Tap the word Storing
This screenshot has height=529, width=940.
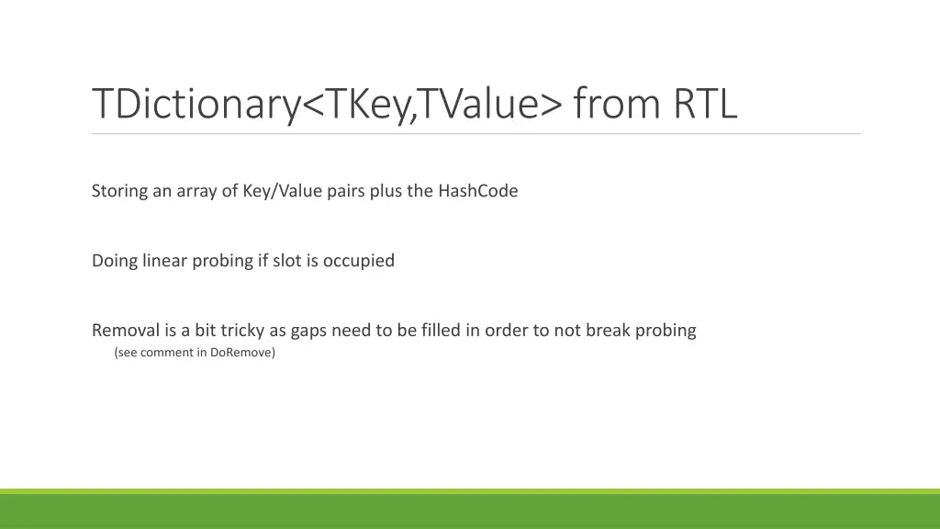point(119,191)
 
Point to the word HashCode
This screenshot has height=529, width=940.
point(477,191)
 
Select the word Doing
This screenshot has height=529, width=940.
point(115,261)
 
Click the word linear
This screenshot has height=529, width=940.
point(165,261)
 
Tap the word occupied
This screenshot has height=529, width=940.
point(358,261)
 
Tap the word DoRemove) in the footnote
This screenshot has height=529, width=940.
point(242,353)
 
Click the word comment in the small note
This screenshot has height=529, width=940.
point(167,353)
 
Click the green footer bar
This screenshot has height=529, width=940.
point(470,511)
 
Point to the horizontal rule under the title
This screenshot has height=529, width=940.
point(476,134)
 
